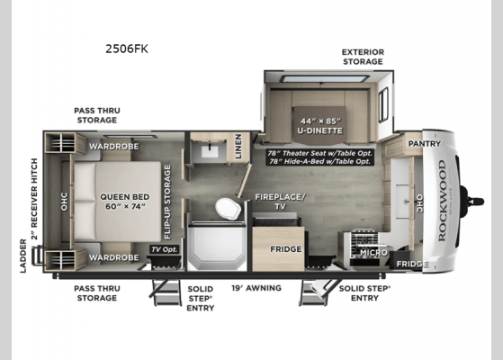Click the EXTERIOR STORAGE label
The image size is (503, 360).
[362, 58]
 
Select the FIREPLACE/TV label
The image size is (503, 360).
[280, 201]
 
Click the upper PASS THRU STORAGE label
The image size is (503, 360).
[95, 114]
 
